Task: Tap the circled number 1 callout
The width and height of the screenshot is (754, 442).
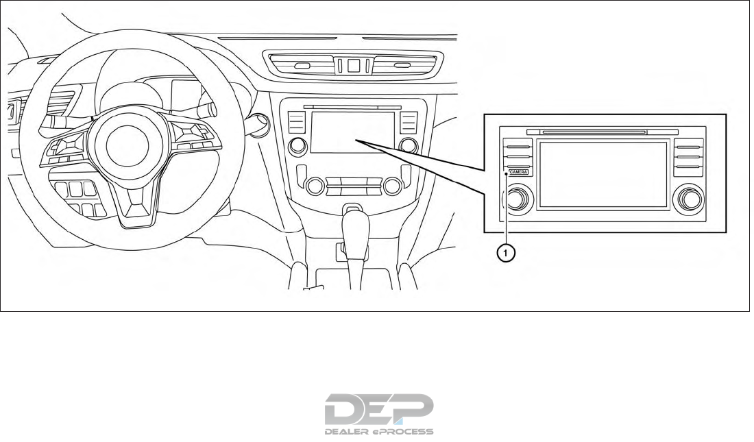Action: click(505, 253)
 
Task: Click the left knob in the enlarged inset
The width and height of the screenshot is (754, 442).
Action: click(518, 199)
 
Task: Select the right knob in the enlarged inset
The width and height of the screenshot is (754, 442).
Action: click(688, 199)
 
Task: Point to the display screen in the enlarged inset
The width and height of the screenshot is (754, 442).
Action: click(602, 174)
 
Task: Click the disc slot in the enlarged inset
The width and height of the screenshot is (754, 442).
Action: click(594, 132)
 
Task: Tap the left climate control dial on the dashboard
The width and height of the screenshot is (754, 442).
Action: click(315, 185)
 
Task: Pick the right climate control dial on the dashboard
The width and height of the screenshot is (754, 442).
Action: click(393, 185)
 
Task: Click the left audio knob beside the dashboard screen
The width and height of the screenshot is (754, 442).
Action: click(298, 145)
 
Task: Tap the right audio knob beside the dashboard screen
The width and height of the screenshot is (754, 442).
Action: click(409, 145)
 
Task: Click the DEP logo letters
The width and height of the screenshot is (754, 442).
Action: click(378, 410)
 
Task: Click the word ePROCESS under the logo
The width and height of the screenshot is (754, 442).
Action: click(403, 432)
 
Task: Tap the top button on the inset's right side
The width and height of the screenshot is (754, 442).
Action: click(688, 145)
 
